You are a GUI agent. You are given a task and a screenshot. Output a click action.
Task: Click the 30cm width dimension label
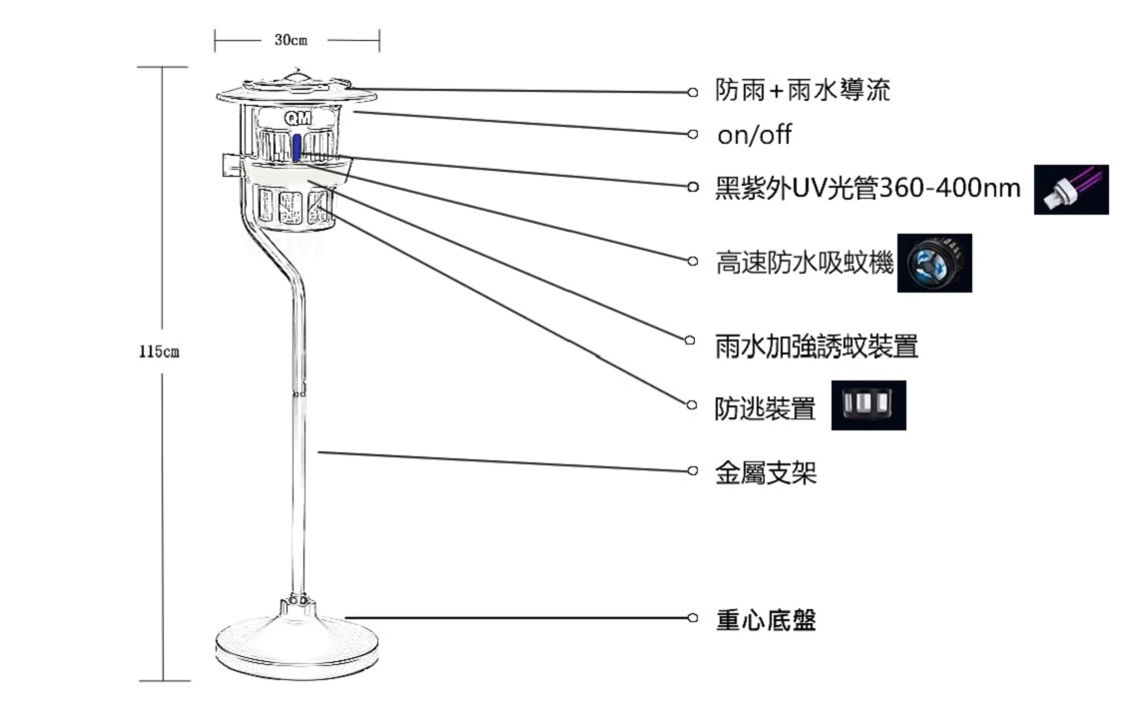[x=290, y=40]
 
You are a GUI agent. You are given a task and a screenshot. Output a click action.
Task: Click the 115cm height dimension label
[x=159, y=352]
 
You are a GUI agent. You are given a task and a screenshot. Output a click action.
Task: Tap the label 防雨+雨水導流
[x=803, y=91]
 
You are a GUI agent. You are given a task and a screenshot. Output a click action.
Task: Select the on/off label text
[x=754, y=135]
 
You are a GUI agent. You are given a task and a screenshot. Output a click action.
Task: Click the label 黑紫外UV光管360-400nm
[x=867, y=189]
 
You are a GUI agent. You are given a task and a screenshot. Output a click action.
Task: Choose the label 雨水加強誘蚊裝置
[x=817, y=347]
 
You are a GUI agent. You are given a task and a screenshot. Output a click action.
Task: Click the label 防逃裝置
[x=765, y=408]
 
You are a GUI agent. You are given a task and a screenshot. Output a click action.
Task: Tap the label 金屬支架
[x=766, y=473]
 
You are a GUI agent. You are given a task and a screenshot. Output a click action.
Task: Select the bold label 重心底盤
[x=766, y=620]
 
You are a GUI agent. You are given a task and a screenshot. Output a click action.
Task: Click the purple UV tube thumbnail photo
[x=1071, y=190]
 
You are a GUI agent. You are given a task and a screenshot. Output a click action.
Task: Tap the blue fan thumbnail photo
[x=934, y=263]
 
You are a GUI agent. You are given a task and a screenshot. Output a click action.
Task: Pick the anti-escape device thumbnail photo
[x=868, y=404]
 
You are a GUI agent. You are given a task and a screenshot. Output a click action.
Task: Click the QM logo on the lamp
[x=297, y=119]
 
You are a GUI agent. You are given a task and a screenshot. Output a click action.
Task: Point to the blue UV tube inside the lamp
[x=296, y=148]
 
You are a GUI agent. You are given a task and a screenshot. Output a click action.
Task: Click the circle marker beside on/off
[x=693, y=134]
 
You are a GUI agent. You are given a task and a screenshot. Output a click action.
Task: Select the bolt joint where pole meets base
[x=295, y=602]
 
